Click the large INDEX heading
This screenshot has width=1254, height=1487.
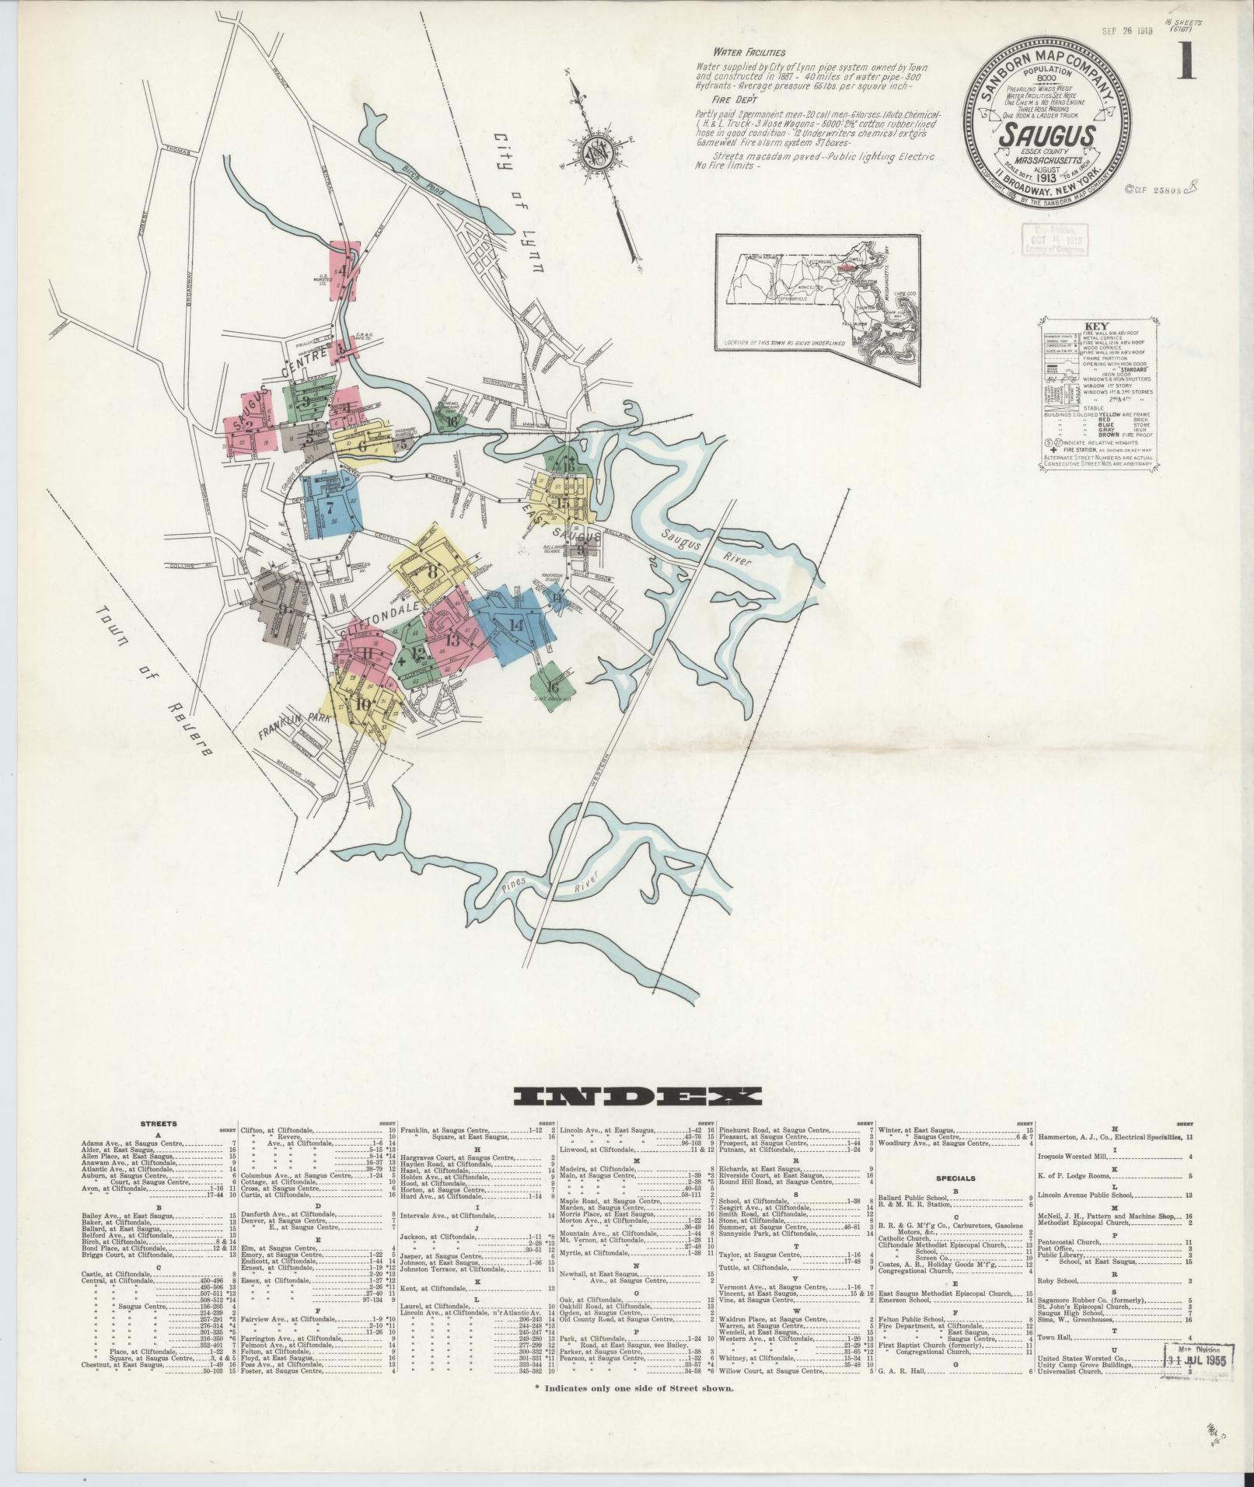click(x=637, y=1096)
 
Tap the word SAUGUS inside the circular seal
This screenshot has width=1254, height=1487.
click(x=1046, y=135)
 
